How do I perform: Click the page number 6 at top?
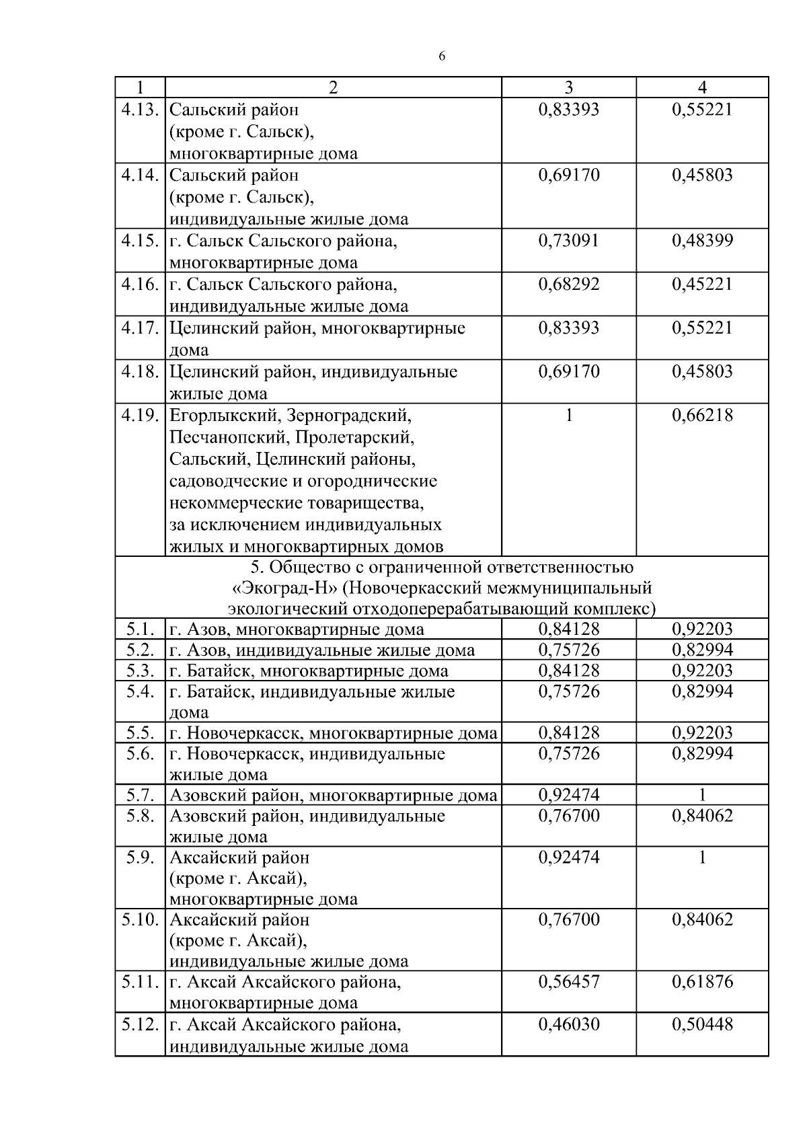[442, 56]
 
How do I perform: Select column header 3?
[569, 87]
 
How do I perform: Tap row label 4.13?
[140, 109]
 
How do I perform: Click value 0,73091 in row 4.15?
[569, 241]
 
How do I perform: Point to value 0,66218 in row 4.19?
[702, 416]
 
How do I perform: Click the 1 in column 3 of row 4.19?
[569, 416]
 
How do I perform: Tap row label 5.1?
[140, 630]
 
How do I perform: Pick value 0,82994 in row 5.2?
[702, 650]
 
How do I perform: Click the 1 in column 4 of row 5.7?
[702, 796]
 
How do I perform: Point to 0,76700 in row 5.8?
[569, 816]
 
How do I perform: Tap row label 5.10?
[140, 920]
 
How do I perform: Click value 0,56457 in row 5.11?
[569, 983]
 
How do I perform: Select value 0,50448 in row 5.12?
[702, 1025]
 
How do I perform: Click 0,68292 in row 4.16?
[569, 284]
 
